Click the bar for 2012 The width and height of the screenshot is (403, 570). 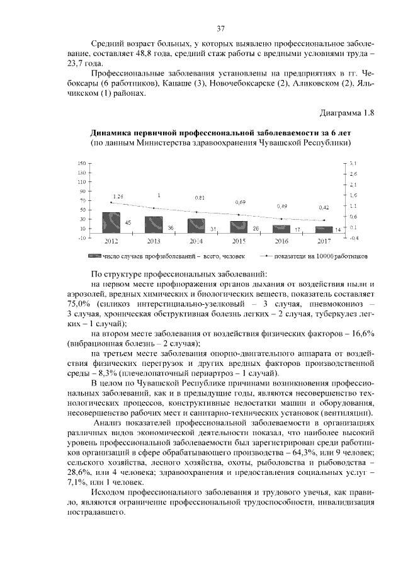click(x=111, y=223)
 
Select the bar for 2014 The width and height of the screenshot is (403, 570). click(x=196, y=226)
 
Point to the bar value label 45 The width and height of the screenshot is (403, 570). click(x=128, y=223)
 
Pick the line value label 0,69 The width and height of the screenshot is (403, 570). click(x=241, y=202)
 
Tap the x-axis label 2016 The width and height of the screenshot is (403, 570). click(x=281, y=241)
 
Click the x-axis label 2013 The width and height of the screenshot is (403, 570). click(x=154, y=241)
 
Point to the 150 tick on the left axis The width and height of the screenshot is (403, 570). click(x=81, y=163)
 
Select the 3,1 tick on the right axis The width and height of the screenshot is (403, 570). click(x=354, y=163)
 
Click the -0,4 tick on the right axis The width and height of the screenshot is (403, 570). click(x=354, y=238)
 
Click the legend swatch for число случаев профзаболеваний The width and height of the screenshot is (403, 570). click(x=94, y=257)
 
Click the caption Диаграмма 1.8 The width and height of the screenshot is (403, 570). click(x=346, y=113)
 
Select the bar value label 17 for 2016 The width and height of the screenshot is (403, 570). click(x=298, y=230)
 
